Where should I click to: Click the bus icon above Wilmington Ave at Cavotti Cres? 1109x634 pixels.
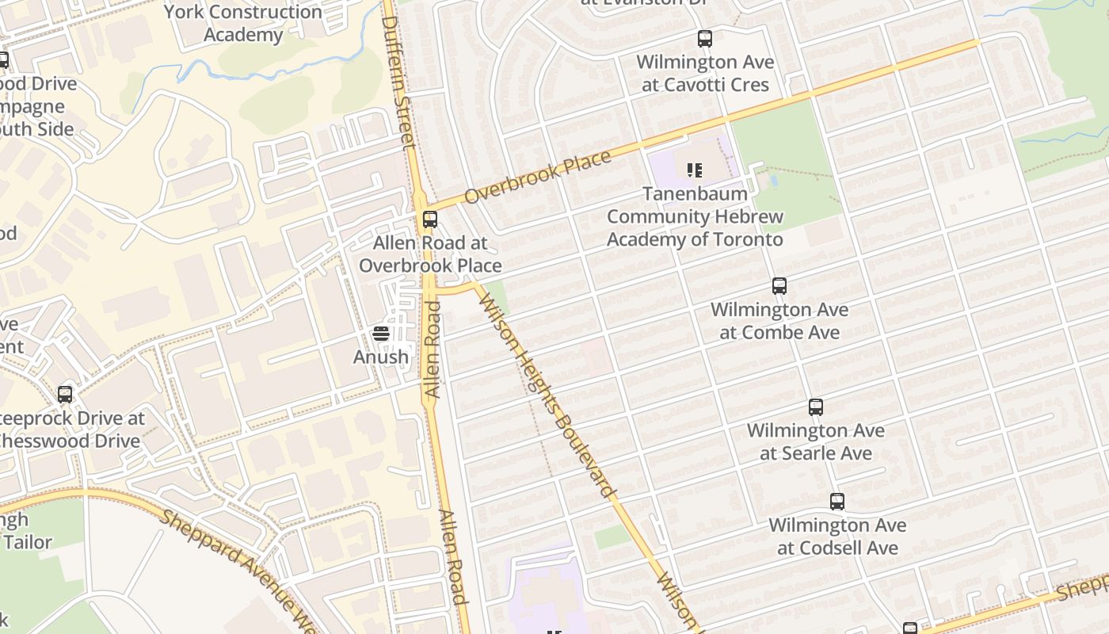(704, 38)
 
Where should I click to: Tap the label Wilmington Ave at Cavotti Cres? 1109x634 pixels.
(705, 73)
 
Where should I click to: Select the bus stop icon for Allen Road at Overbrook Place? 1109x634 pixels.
(430, 220)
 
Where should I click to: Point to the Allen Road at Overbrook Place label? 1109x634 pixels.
(430, 254)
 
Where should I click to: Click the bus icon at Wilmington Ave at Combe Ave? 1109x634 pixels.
(779, 286)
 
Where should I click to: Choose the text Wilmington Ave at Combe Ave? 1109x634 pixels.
(779, 320)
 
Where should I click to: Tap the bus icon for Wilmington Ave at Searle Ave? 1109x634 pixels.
(816, 407)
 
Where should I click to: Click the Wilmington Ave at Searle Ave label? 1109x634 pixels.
(816, 441)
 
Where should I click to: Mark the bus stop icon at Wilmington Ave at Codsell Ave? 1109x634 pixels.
(837, 502)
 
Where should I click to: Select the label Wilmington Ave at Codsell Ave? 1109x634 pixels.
(837, 536)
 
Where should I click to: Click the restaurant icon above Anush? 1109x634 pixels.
(381, 334)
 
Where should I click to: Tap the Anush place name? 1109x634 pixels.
(381, 357)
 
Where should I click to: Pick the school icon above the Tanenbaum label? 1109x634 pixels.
(695, 170)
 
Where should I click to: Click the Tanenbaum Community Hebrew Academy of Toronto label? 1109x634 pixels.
(695, 216)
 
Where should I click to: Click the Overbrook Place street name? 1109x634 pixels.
(538, 176)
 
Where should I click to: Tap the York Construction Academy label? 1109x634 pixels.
(242, 23)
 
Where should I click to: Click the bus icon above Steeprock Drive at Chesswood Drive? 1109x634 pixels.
(65, 394)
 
